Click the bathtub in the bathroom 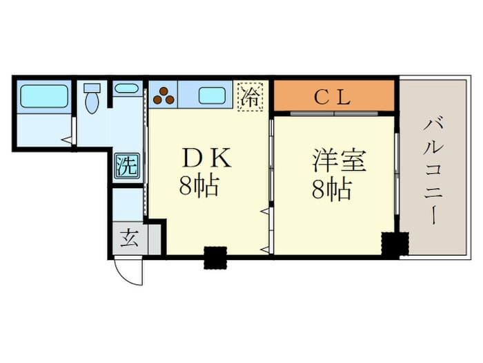[x=43, y=96]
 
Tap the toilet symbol [x=92, y=100]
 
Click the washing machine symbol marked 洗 [x=126, y=165]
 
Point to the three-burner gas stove [x=164, y=95]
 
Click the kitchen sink [x=213, y=95]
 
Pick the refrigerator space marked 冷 [x=251, y=96]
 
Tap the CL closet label [x=333, y=96]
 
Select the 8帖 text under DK [x=199, y=186]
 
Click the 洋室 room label [x=338, y=160]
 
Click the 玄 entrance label [x=129, y=240]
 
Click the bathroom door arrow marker [x=66, y=140]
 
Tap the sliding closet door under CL [x=334, y=112]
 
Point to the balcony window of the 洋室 [x=397, y=173]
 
